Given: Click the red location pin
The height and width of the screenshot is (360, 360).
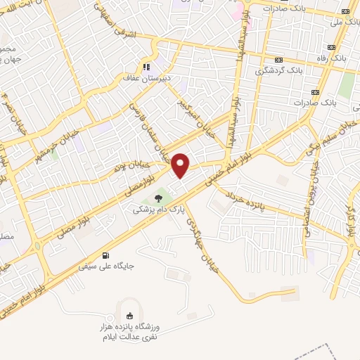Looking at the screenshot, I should tap(181, 165).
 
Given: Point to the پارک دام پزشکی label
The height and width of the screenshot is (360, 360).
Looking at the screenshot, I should tap(157, 210).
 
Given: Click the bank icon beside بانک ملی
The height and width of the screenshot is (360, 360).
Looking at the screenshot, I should tap(345, 12).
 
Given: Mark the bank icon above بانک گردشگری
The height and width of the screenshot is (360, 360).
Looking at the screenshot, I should tap(278, 60).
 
